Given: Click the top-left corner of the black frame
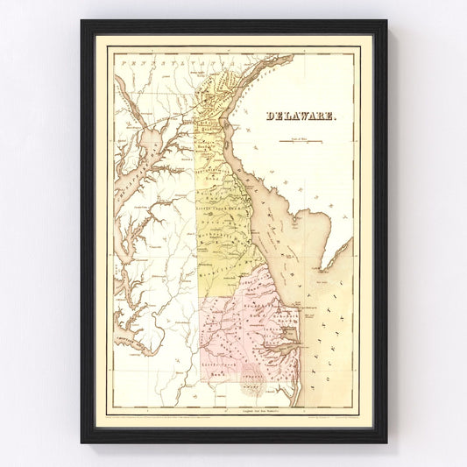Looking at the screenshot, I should [82, 22].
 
